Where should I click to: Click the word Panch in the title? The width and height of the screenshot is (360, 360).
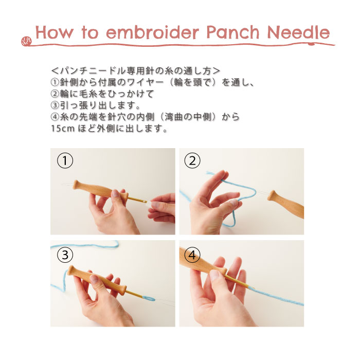[x=233, y=32]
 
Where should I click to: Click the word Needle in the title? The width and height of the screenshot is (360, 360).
[x=299, y=32]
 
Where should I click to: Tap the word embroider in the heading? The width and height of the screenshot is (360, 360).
[x=152, y=32]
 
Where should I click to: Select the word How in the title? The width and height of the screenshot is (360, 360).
[x=55, y=32]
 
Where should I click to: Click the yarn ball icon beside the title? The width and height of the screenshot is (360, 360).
[x=26, y=41]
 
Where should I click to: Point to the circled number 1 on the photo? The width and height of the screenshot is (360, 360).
[x=65, y=160]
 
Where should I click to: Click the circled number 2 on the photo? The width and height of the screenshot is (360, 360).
[x=192, y=160]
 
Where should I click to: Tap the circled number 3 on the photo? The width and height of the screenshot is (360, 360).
[x=65, y=255]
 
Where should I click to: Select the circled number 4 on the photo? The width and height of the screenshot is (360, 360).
[x=192, y=255]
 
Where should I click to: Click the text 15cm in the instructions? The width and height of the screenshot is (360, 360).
[x=63, y=129]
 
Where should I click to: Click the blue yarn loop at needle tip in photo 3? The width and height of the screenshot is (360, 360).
[x=148, y=298]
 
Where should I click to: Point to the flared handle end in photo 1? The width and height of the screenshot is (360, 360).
[x=77, y=185]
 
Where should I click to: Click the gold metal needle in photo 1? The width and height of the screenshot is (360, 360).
[x=137, y=200]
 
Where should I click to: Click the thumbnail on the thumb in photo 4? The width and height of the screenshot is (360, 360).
[x=214, y=275]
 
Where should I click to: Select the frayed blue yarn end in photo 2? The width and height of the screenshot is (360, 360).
[x=209, y=174]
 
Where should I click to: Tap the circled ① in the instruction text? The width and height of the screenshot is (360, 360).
[x=55, y=82]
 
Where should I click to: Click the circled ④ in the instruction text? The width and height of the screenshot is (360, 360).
[x=55, y=117]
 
